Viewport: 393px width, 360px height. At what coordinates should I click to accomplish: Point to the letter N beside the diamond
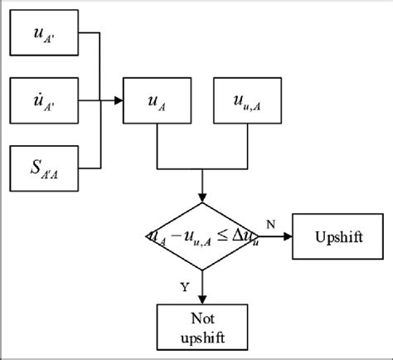point(271,224)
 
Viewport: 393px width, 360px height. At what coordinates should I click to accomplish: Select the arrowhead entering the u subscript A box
point(118,101)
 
